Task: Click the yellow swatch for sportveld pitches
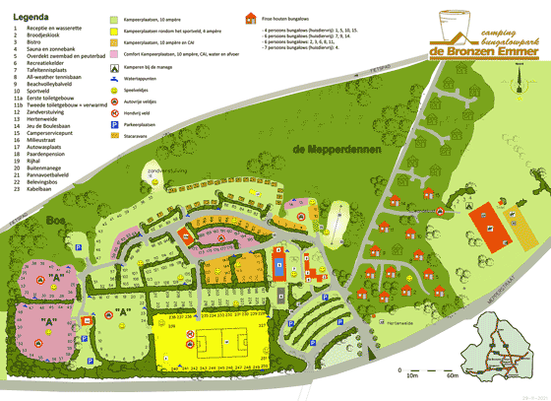(115, 32)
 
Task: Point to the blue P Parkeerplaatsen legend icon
(114, 126)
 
